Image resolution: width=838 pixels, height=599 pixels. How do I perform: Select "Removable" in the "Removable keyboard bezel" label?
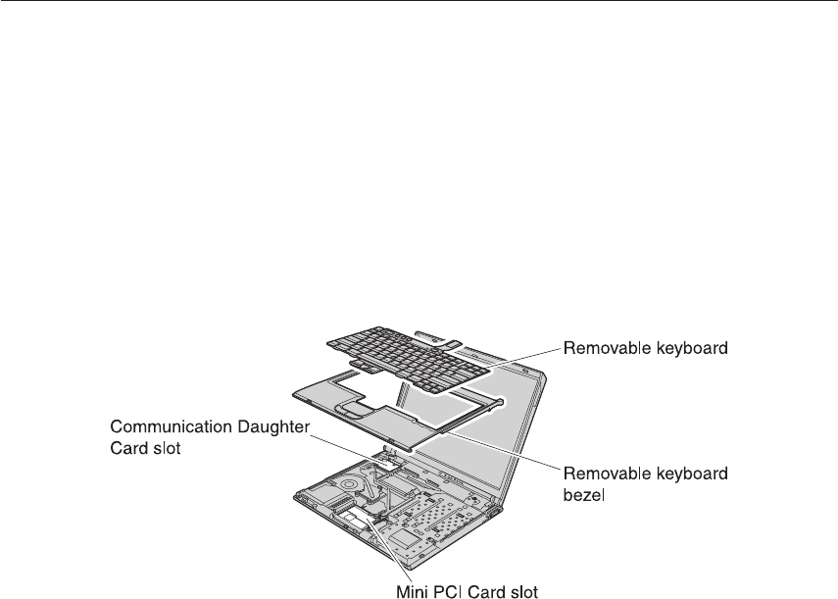600,474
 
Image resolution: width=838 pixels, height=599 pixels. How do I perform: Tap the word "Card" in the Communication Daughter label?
128,449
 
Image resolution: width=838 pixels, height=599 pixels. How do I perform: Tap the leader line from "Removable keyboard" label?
525,354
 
